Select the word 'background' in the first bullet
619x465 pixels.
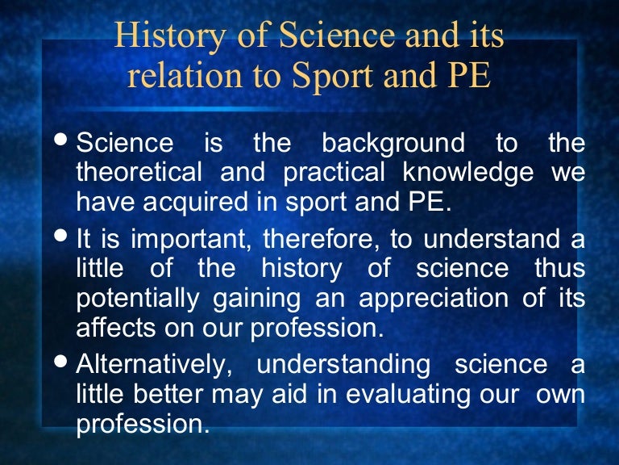point(393,144)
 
